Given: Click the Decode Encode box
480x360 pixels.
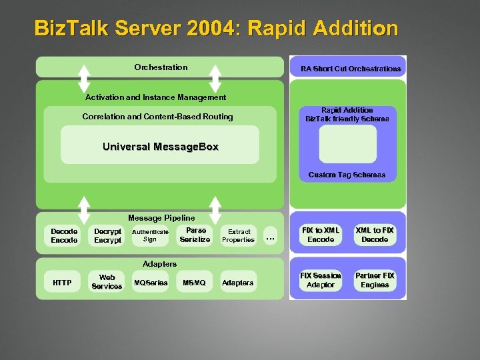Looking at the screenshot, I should click(x=64, y=235).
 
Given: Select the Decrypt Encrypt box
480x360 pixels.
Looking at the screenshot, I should click(x=108, y=235).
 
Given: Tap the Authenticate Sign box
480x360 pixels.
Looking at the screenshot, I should click(x=150, y=235).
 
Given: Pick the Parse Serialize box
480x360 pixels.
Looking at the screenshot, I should click(x=195, y=235).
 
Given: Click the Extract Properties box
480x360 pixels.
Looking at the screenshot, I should click(x=238, y=235).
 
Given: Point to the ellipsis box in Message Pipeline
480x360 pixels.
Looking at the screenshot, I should click(x=270, y=236).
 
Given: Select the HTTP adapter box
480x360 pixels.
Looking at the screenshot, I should click(x=62, y=283).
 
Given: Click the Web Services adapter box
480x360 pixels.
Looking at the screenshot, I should click(x=107, y=282).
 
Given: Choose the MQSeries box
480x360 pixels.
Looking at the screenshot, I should click(x=151, y=283).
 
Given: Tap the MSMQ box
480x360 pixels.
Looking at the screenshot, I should click(x=194, y=283).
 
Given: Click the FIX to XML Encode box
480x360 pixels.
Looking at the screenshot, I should click(x=321, y=235).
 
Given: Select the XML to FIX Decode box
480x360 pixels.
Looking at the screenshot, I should click(x=375, y=235).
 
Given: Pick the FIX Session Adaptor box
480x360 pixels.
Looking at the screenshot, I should click(x=321, y=280).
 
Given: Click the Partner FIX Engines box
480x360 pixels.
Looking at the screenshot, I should click(x=375, y=280).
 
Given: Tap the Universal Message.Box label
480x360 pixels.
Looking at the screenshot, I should click(x=160, y=146).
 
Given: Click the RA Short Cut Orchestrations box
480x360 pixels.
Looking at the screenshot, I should click(x=351, y=68).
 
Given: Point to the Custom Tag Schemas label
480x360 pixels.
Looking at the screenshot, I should click(x=347, y=175).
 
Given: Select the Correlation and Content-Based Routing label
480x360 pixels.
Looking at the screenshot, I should click(x=157, y=117).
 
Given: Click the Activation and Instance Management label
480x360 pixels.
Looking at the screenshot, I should click(x=155, y=97).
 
